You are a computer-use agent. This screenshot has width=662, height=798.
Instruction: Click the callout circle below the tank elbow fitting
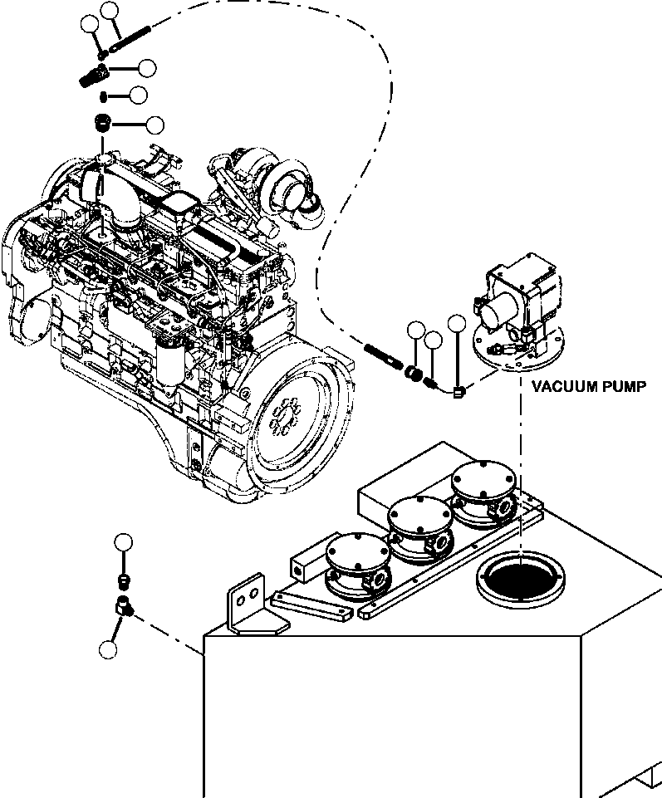pos(106,649)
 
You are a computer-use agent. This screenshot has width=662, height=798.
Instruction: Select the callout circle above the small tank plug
pos(124,543)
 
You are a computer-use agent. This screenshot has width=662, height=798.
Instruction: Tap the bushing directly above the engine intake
pos(102,125)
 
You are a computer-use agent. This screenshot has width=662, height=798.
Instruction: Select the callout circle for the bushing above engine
pos(154,125)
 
